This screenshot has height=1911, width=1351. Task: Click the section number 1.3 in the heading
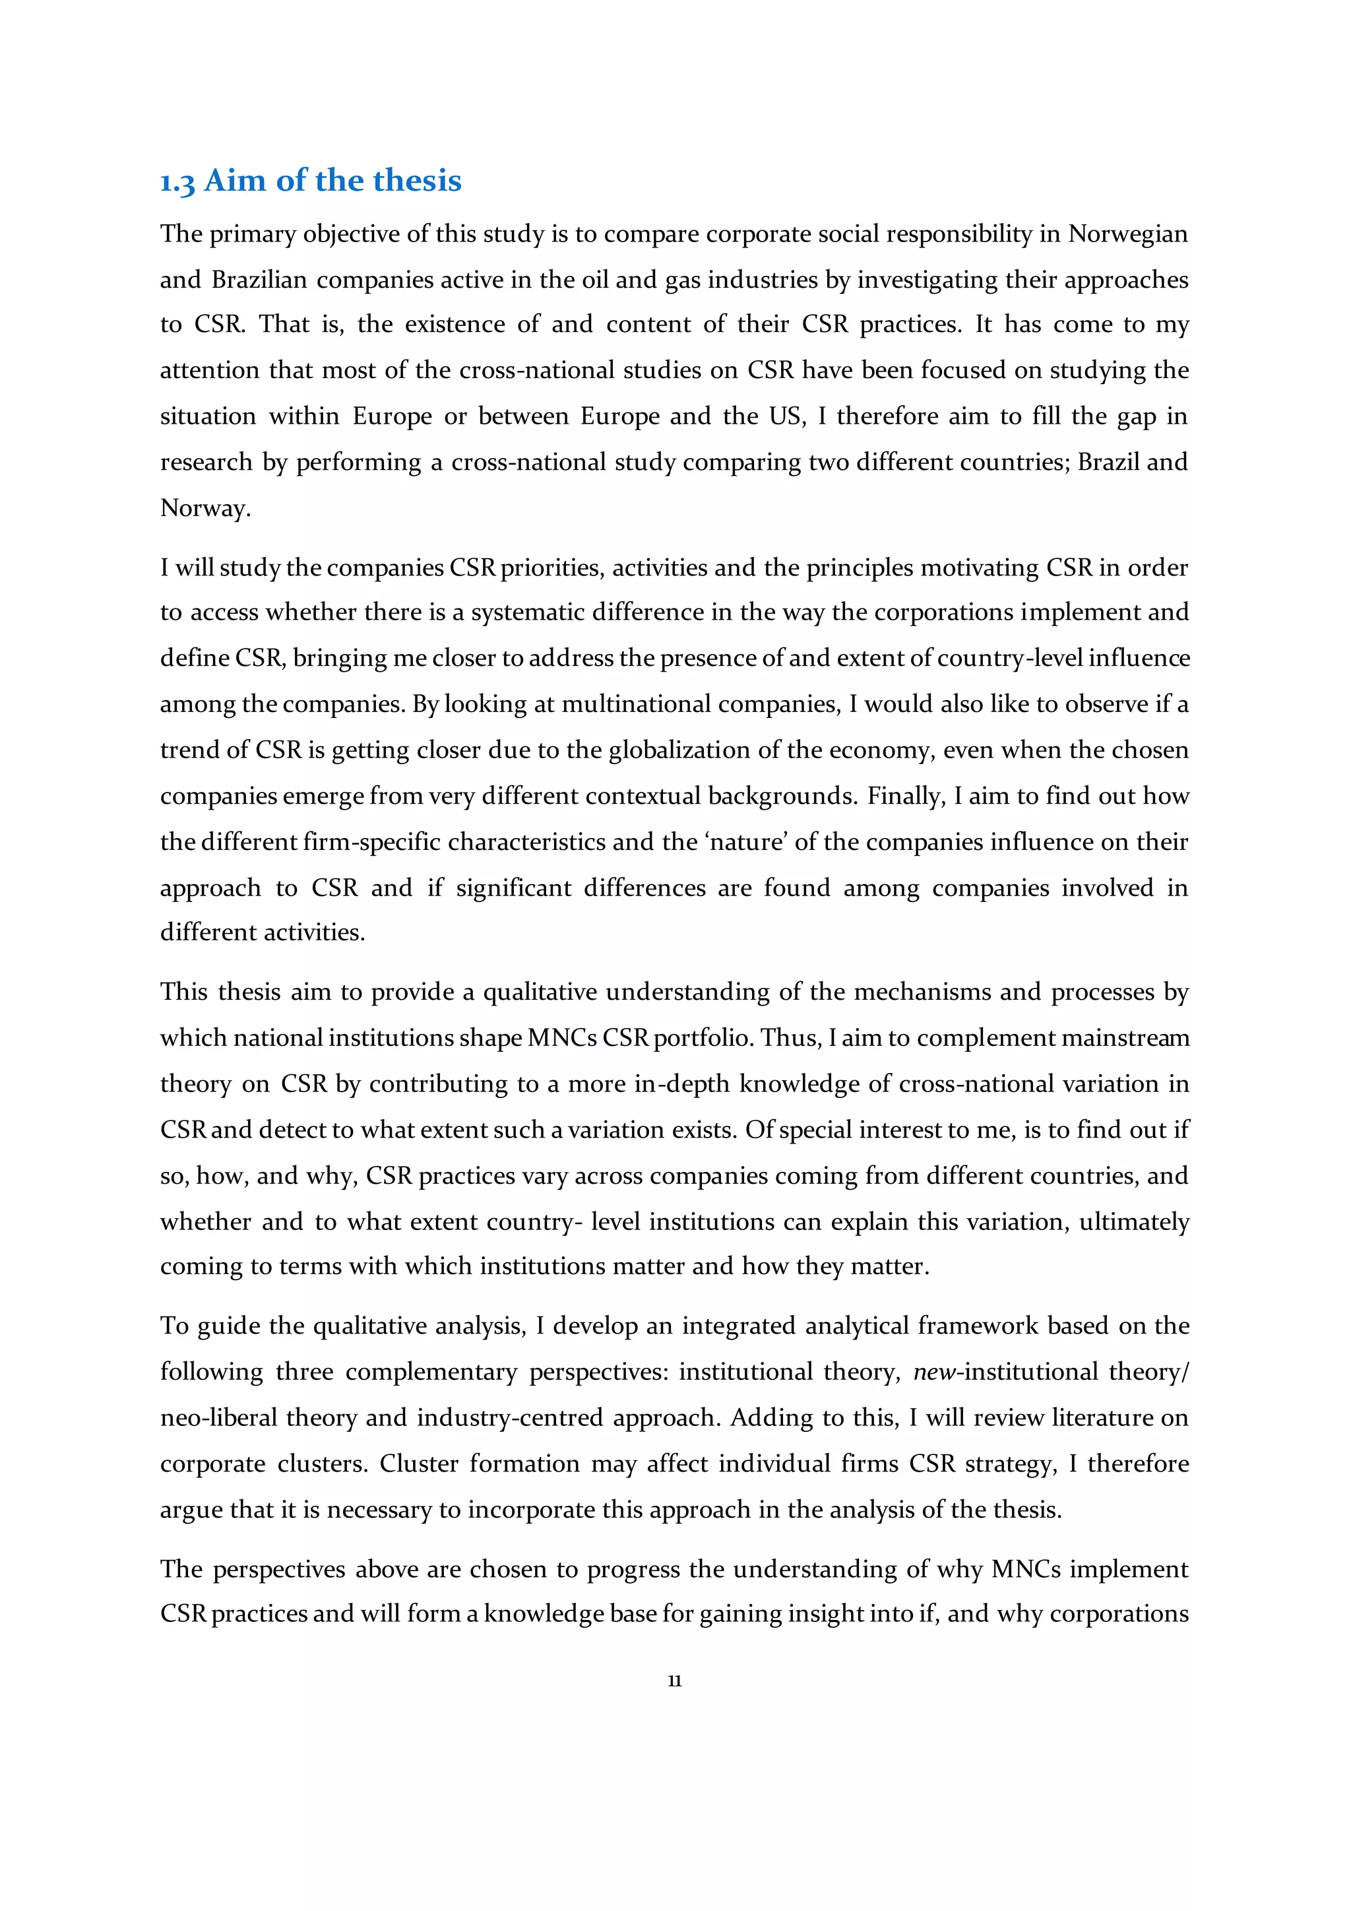177,182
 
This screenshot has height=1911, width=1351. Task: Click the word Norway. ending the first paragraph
205,509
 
